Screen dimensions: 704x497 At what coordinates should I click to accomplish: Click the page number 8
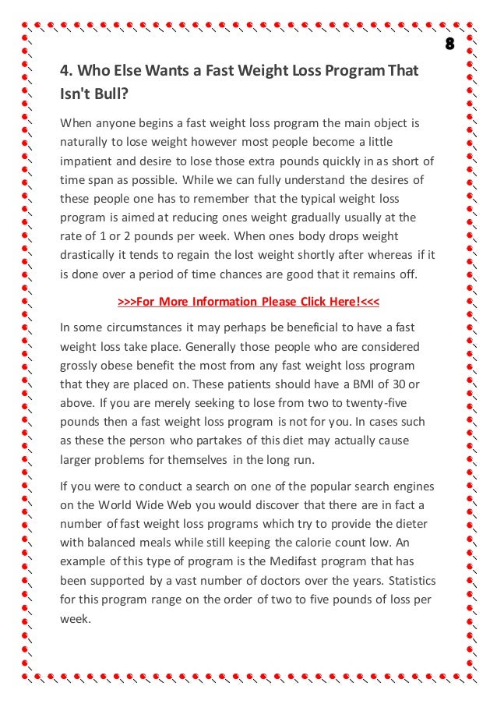pyautogui.click(x=449, y=42)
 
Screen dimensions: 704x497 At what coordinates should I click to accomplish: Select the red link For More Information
pyautogui.click(x=248, y=301)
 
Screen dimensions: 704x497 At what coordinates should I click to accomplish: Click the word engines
pyautogui.click(x=400, y=487)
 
